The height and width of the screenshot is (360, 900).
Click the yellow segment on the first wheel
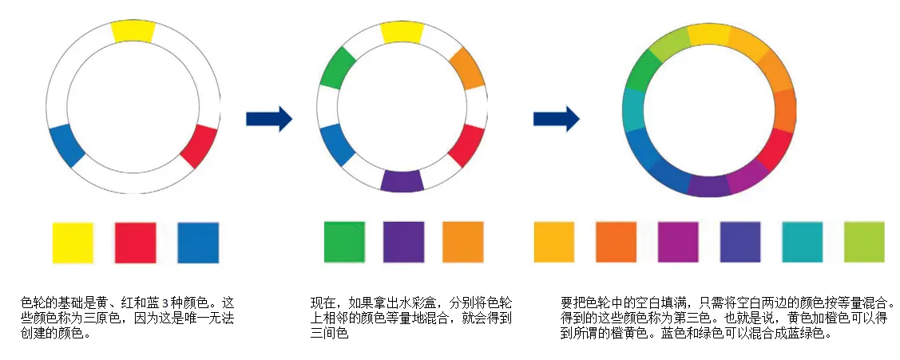(133, 30)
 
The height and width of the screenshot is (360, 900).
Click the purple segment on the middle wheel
(402, 180)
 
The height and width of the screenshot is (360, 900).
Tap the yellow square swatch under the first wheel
(73, 243)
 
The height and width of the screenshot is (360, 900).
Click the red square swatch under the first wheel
(135, 243)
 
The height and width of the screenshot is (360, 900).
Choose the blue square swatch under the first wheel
(198, 243)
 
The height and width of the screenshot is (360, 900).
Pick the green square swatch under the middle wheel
(344, 242)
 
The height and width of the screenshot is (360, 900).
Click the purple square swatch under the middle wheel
(403, 242)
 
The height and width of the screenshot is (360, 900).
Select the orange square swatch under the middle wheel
(463, 242)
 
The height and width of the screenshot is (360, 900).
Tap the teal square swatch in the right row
(802, 242)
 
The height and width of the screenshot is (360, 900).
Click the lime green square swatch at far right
(864, 242)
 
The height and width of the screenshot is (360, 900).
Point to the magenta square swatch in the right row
(678, 242)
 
